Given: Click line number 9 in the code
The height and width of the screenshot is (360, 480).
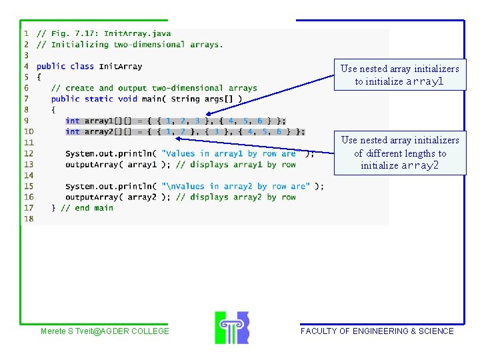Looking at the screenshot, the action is [x=27, y=121].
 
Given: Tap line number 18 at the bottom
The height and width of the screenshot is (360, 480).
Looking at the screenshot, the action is [x=29, y=219].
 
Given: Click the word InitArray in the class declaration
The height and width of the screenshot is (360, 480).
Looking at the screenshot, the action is [x=120, y=66].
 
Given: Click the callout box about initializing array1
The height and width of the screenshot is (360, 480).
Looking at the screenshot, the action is [x=399, y=75].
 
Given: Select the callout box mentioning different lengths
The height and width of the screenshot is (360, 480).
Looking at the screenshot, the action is [x=399, y=153].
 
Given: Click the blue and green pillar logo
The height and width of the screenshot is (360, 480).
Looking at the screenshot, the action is [x=232, y=327].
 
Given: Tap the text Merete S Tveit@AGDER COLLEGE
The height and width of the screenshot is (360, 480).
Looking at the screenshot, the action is [x=105, y=331].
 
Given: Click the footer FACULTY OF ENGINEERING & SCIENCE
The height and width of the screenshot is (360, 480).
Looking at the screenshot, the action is [x=377, y=331].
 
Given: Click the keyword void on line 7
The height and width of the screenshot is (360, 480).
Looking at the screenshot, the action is [x=127, y=99].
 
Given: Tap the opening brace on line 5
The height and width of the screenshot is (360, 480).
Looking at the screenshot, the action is [x=39, y=77].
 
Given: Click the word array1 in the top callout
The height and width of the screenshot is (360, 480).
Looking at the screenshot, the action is [x=425, y=81].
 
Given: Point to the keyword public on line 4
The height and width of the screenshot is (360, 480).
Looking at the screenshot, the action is [x=51, y=66].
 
